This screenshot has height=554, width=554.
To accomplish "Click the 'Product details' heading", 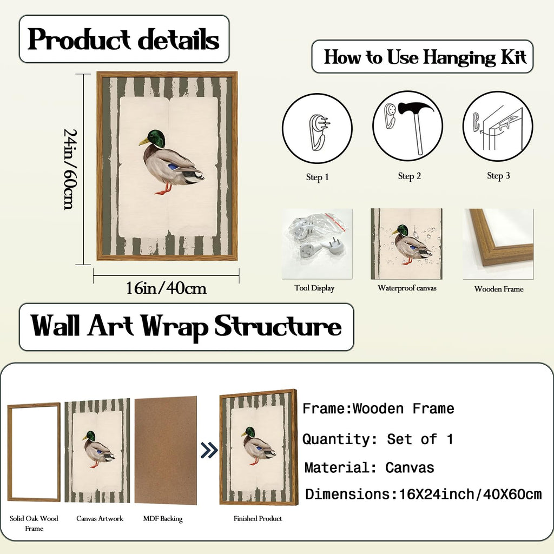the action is (124, 39).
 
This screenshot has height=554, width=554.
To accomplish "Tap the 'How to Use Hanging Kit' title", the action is (425, 57).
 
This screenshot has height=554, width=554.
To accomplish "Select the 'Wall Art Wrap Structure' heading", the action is (186, 326).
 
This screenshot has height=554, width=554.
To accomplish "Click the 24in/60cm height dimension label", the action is (70, 169).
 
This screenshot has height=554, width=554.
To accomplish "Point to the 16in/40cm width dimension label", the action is (167, 288).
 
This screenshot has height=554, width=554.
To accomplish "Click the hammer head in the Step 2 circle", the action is (415, 108).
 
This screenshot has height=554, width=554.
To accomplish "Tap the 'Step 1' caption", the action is (317, 177).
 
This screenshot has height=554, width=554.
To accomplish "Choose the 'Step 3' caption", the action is (498, 176).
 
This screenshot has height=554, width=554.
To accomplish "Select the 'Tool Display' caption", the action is (314, 288).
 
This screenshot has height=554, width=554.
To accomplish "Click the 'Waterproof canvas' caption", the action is (407, 288).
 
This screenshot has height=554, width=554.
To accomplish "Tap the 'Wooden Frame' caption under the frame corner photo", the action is (499, 289).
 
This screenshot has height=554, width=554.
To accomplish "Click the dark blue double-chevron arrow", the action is (209, 450).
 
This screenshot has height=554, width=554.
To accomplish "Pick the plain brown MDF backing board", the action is (166, 450).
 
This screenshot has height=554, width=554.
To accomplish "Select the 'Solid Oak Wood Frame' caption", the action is (34, 523).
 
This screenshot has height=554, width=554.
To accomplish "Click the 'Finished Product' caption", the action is (258, 518).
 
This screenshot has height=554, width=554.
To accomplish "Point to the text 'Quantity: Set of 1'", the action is (378, 439).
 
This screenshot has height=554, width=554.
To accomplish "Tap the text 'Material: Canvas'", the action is (369, 468).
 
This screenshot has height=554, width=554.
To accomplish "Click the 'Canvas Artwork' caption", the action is (100, 518).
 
